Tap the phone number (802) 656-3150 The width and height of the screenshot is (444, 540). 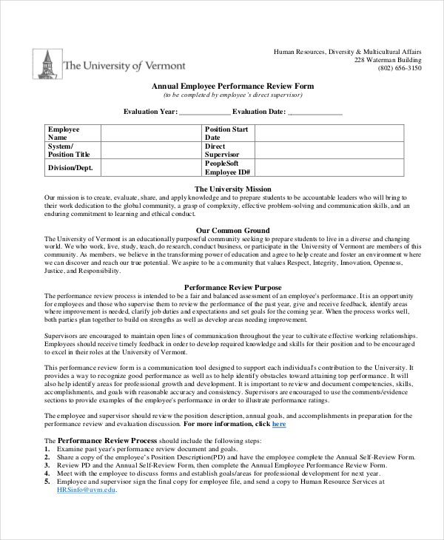click(399, 68)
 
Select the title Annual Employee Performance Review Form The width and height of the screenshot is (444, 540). click(232, 87)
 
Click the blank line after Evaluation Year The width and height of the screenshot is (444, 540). click(204, 112)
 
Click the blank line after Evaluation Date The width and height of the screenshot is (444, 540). click(314, 112)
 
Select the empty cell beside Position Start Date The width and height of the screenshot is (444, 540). click(329, 133)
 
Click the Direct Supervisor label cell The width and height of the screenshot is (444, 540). click(229, 150)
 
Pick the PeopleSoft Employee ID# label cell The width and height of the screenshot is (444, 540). click(229, 168)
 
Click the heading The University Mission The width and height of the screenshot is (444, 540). click(232, 189)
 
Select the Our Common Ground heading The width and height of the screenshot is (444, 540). click(232, 230)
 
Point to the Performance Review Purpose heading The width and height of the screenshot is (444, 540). click(232, 286)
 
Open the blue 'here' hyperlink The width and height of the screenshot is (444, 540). click(279, 425)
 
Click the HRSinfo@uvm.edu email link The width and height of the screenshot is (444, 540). click(87, 490)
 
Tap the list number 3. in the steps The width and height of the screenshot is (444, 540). click(47, 465)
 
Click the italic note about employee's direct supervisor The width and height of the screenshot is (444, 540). click(232, 95)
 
